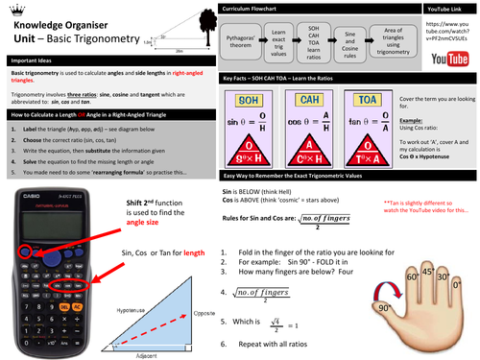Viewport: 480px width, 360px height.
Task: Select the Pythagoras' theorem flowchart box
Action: (245, 44)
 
